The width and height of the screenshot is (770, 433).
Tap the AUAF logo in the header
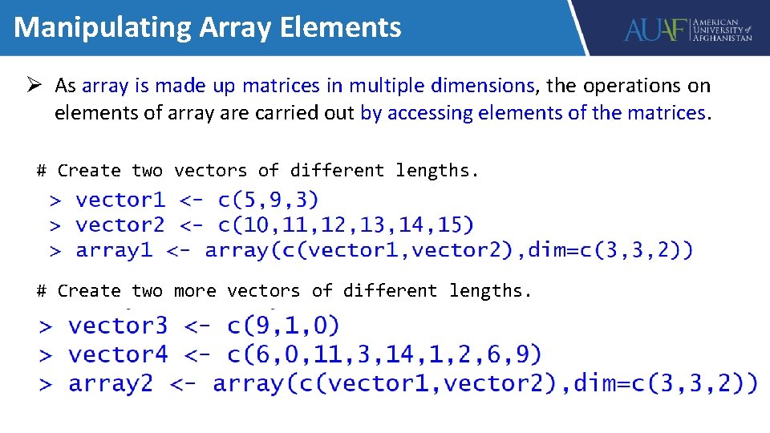tap(688, 30)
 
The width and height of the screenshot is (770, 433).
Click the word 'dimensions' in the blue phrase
tap(482, 85)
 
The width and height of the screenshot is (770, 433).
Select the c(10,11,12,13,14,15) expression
tap(346, 225)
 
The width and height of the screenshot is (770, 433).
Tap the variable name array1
tap(114, 250)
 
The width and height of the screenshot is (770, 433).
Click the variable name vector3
tap(118, 326)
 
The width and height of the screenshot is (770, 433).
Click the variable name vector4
tap(118, 354)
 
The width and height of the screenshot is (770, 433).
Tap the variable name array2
tap(110, 383)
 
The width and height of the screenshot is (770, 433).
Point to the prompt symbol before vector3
tap(47, 326)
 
